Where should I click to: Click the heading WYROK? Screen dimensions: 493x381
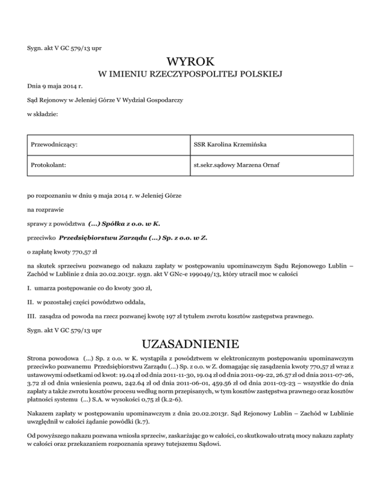click(190, 62)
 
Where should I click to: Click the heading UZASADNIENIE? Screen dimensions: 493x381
click(190, 344)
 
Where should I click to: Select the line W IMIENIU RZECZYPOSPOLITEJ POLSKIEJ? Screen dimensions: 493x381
click(190, 75)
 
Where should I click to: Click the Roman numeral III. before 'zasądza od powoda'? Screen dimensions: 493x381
click(31, 314)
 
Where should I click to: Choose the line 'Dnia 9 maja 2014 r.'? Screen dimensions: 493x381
click(55, 87)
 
